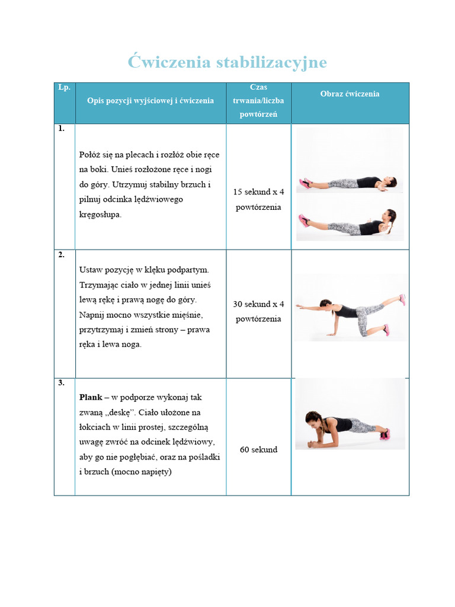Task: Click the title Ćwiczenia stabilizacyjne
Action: point(227,62)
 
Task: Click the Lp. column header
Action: point(64,87)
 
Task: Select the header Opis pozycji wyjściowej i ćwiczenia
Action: point(150,101)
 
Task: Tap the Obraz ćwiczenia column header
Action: point(350,94)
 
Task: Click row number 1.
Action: point(62,128)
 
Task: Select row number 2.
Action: point(62,255)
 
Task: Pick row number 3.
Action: point(62,383)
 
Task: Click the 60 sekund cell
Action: point(258,450)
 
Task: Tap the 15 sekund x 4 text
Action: point(258,192)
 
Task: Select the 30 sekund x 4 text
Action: point(258,304)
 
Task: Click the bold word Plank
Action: point(91,397)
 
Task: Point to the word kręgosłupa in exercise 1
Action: point(100,215)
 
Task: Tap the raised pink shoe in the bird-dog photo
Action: point(402,299)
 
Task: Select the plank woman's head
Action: point(313,418)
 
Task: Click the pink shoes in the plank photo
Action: point(384,434)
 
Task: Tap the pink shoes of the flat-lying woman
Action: point(305,183)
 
